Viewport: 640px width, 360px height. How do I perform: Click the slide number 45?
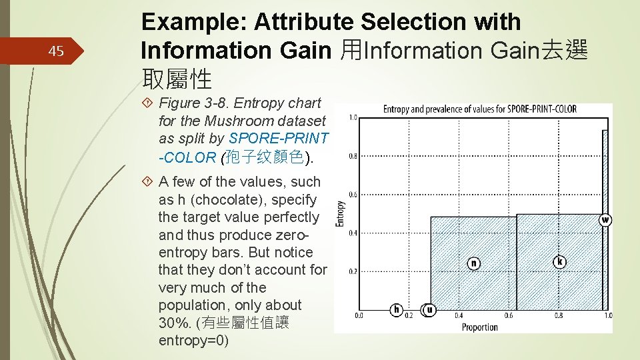pyautogui.click(x=56, y=51)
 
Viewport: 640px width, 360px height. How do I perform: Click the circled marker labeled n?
pyautogui.click(x=473, y=263)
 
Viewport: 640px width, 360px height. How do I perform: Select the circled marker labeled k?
pyautogui.click(x=560, y=261)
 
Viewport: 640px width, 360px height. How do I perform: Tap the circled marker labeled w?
pyautogui.click(x=605, y=220)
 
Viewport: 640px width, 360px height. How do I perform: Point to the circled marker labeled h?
pyautogui.click(x=397, y=309)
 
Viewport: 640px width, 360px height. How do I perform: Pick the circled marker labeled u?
pyautogui.click(x=429, y=309)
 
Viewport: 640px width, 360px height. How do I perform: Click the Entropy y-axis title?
pyautogui.click(x=340, y=215)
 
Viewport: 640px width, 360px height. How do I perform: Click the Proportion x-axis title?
pyautogui.click(x=479, y=327)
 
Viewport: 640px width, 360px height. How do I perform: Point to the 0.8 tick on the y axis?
pyautogui.click(x=353, y=157)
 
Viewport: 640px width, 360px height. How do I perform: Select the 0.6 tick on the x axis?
pyautogui.click(x=509, y=315)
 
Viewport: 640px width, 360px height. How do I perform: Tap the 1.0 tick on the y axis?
pyautogui.click(x=353, y=118)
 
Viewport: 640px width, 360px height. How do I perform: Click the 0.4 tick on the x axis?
pyautogui.click(x=459, y=315)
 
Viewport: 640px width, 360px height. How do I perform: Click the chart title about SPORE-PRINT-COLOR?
pyautogui.click(x=479, y=109)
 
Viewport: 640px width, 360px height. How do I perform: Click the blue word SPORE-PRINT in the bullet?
pyautogui.click(x=279, y=139)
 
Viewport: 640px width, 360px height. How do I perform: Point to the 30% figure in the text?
pyautogui.click(x=173, y=323)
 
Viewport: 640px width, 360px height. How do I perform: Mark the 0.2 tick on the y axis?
pyautogui.click(x=353, y=271)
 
